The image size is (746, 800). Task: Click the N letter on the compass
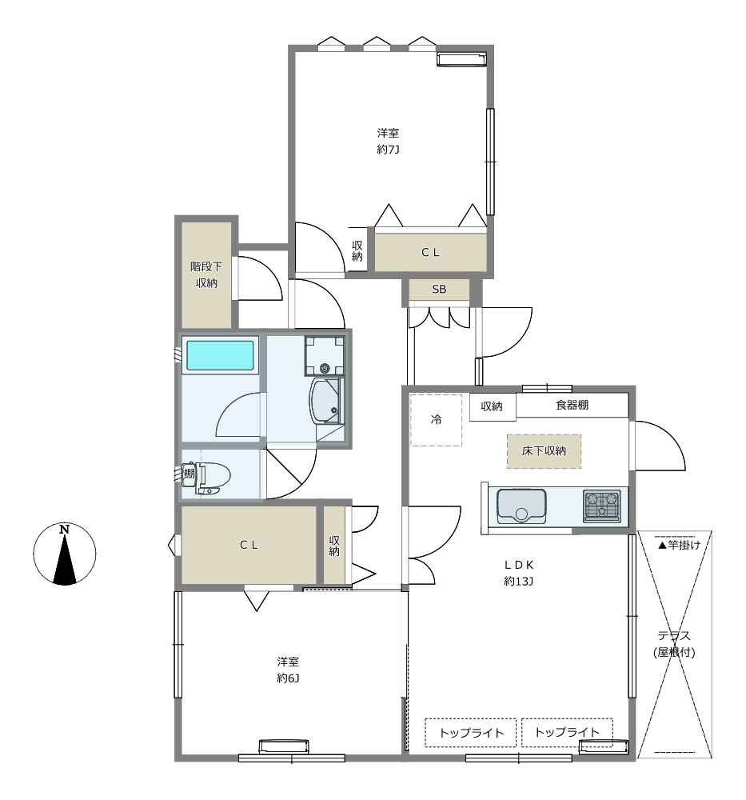tap(64, 529)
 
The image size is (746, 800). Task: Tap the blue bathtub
tap(220, 355)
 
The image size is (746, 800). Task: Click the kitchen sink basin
tap(521, 506)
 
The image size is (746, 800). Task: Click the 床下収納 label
tap(544, 451)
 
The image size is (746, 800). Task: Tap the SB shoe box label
tap(439, 290)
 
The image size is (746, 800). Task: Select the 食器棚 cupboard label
tap(572, 405)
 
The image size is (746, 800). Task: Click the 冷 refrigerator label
tap(437, 419)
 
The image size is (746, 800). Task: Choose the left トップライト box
tap(471, 733)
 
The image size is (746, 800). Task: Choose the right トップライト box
tap(567, 733)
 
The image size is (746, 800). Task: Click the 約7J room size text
tap(388, 150)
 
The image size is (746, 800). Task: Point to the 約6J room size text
tap(288, 678)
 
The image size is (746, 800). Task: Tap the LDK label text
tap(519, 565)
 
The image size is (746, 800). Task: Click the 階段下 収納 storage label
tap(206, 274)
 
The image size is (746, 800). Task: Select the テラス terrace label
tap(674, 636)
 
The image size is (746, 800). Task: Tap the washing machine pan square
tap(325, 356)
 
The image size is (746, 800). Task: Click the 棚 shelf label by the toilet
tap(189, 474)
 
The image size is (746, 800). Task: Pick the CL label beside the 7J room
tap(430, 252)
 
